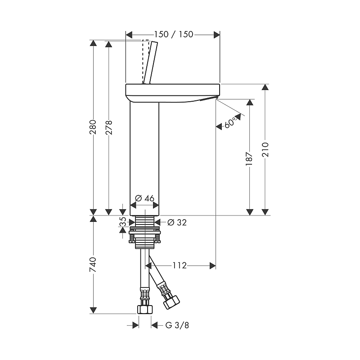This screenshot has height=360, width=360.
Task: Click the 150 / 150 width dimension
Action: [173, 35]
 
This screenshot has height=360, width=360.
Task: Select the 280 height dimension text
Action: [93, 127]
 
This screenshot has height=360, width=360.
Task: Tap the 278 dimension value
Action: [108, 127]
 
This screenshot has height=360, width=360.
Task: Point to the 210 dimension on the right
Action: [265, 149]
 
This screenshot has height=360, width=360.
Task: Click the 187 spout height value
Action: [249, 158]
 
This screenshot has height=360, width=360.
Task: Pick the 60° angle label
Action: [230, 123]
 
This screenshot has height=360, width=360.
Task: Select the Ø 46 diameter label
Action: [144, 198]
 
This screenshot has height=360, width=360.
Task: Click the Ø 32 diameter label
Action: [177, 222]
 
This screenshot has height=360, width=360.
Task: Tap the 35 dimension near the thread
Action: [123, 222]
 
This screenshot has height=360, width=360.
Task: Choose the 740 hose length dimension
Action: [93, 265]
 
